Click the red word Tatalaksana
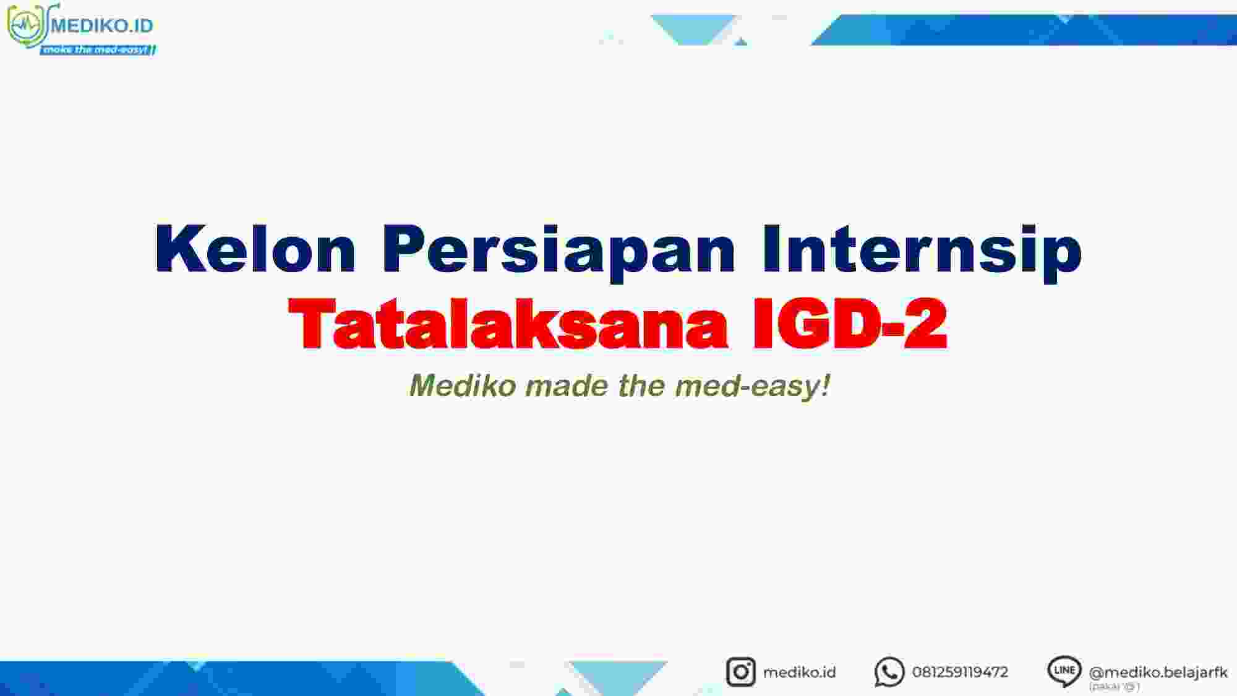(508, 323)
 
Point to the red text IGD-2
(850, 323)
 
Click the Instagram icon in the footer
(740, 672)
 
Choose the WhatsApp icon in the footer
(889, 672)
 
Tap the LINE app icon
(1064, 671)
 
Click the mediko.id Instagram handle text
(799, 672)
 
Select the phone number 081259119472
(960, 672)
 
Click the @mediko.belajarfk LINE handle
(1158, 672)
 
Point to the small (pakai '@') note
(1114, 686)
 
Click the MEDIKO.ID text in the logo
(102, 25)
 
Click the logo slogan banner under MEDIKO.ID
(98, 49)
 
